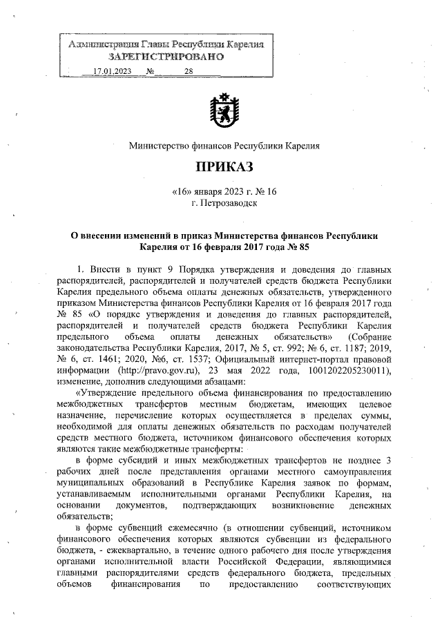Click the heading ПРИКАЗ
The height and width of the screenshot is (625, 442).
click(x=224, y=167)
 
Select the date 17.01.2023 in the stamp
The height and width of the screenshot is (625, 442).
click(x=112, y=71)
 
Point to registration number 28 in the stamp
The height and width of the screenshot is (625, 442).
click(x=189, y=71)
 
